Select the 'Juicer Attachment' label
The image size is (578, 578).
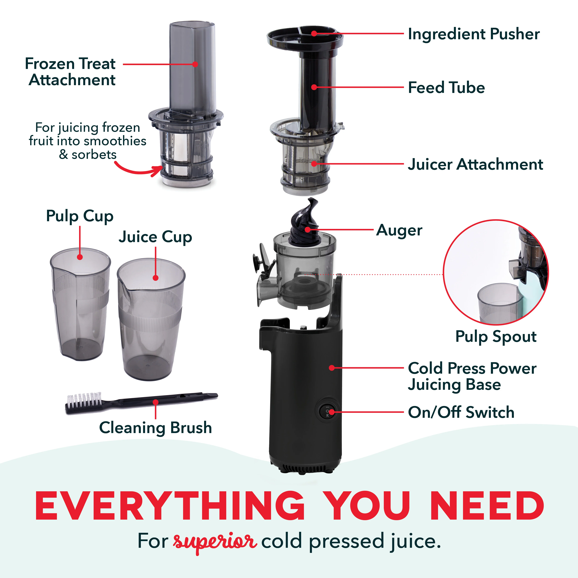point(475,165)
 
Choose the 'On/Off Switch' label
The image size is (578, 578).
point(461,412)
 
